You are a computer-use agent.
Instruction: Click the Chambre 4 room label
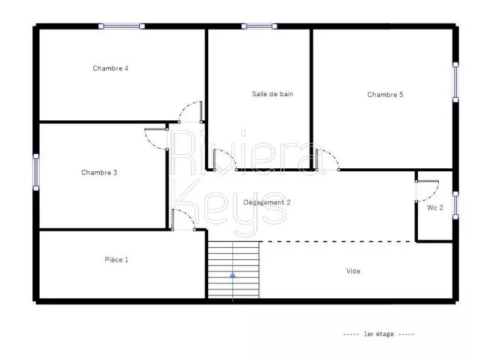pyautogui.click(x=110, y=68)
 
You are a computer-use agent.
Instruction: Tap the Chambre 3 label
pyautogui.click(x=99, y=173)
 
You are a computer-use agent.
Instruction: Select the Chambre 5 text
pyautogui.click(x=385, y=95)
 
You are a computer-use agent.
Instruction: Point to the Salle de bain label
pyautogui.click(x=272, y=94)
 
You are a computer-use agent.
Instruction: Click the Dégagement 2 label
pyautogui.click(x=267, y=202)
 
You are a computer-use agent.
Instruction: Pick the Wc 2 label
pyautogui.click(x=434, y=208)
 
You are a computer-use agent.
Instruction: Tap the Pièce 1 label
pyautogui.click(x=116, y=260)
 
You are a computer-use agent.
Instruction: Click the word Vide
pyautogui.click(x=353, y=271)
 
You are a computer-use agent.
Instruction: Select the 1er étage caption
pyautogui.click(x=379, y=334)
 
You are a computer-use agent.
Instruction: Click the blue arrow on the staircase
pyautogui.click(x=233, y=275)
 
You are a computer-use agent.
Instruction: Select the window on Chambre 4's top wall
pyautogui.click(x=122, y=26)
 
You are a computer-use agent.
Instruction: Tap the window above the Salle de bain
pyautogui.click(x=259, y=26)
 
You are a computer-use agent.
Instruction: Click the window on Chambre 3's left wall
pyautogui.click(x=36, y=172)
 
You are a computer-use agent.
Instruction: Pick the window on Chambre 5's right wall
pyautogui.click(x=455, y=82)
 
